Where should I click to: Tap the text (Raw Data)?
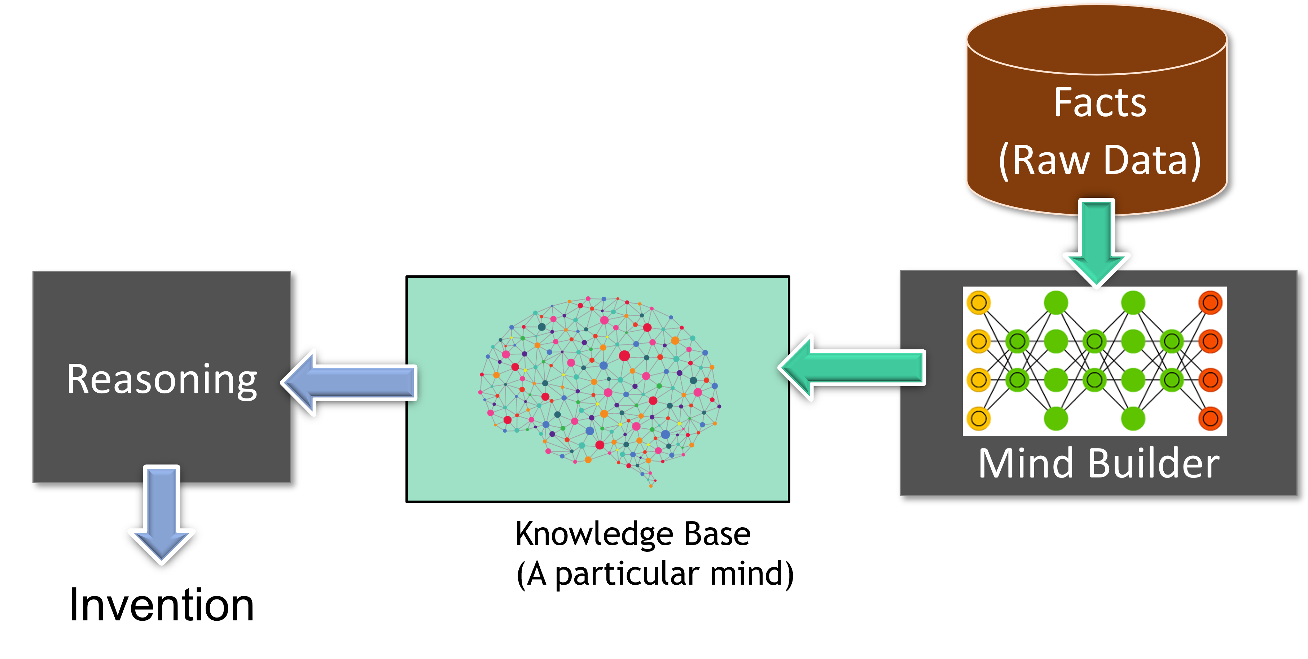pyautogui.click(x=1100, y=161)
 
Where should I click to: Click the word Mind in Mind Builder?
pyautogui.click(x=1026, y=463)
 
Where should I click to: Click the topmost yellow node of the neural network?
pyautogui.click(x=978, y=303)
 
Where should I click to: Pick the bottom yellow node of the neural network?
pyautogui.click(x=978, y=419)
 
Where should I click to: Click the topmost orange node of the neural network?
pyautogui.click(x=1211, y=303)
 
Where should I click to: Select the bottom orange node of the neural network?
pyautogui.click(x=1211, y=419)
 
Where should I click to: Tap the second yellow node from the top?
pyautogui.click(x=978, y=341)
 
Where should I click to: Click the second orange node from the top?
pyautogui.click(x=1211, y=341)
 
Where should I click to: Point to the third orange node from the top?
pyautogui.click(x=1211, y=380)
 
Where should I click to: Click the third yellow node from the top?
pyautogui.click(x=978, y=380)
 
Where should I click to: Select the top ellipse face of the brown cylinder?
pyautogui.click(x=1097, y=40)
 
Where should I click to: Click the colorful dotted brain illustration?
pyautogui.click(x=599, y=386)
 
